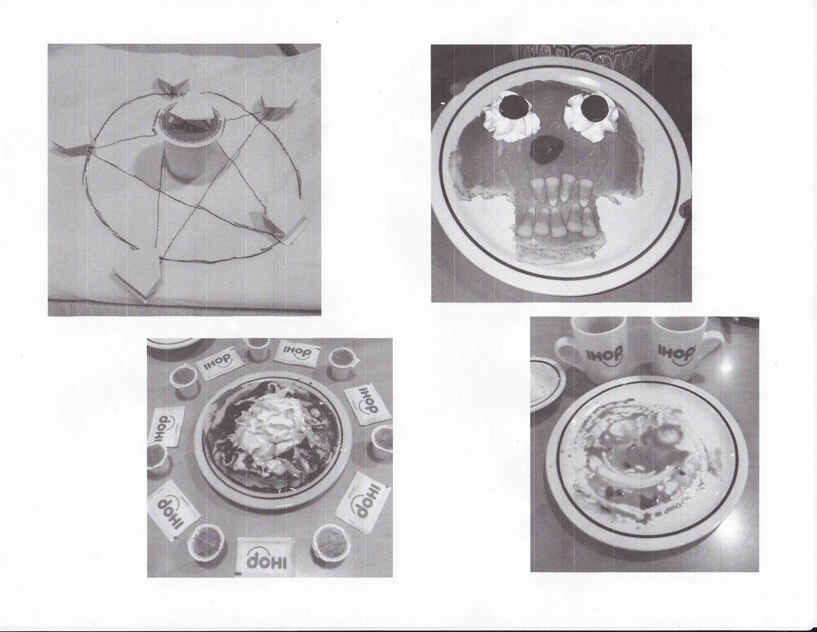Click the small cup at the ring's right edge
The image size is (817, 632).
point(382,442)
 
